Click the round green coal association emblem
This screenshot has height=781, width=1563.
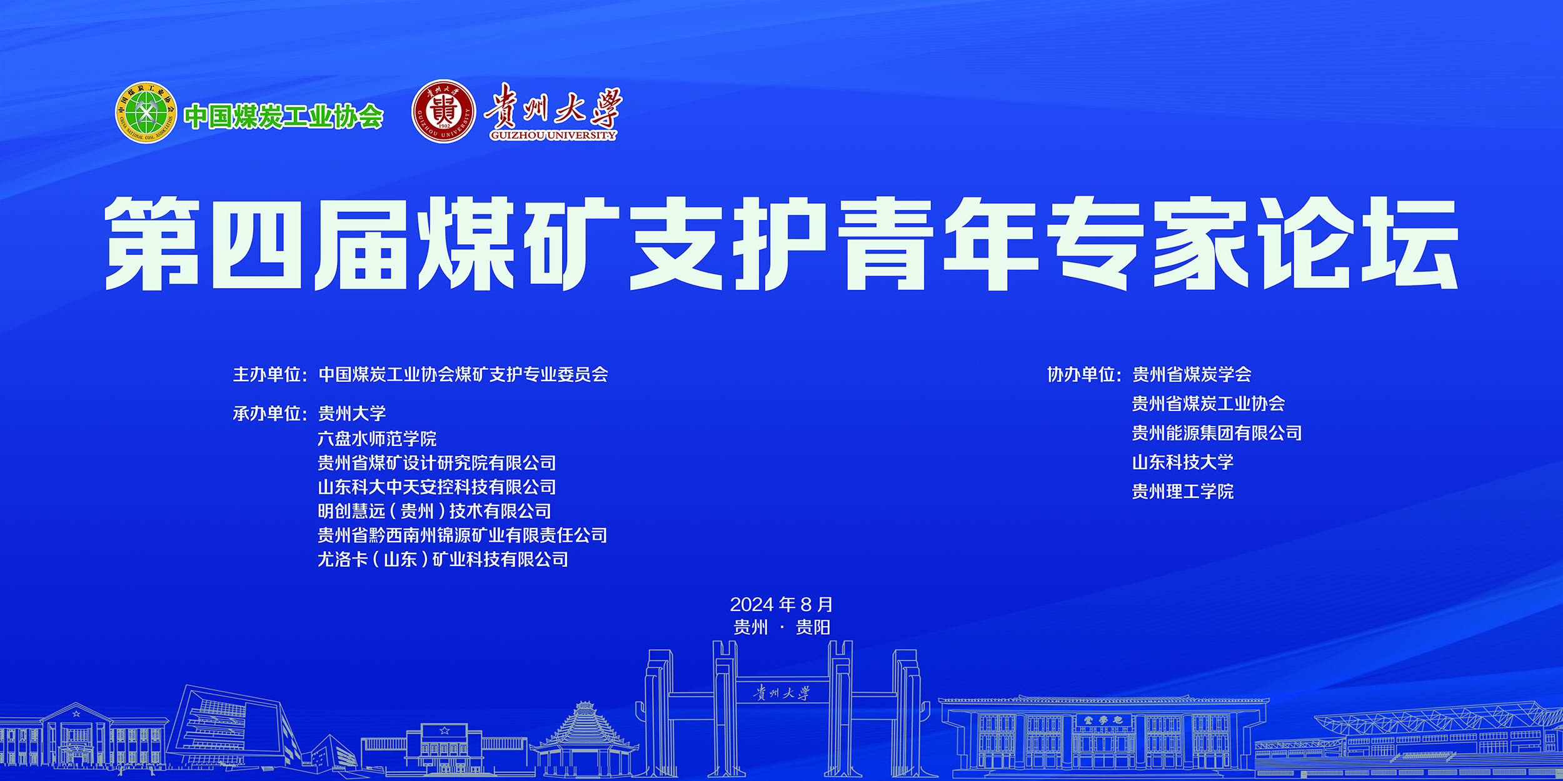[x=146, y=112]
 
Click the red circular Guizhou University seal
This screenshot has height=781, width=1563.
[x=444, y=111]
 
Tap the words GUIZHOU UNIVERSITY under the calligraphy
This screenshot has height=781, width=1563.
[x=553, y=135]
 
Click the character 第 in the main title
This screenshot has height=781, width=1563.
[x=152, y=244]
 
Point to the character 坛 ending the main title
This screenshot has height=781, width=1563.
[x=1410, y=244]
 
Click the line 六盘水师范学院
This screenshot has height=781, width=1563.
[x=377, y=439]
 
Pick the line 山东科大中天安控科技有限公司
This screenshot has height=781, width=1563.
[x=437, y=487]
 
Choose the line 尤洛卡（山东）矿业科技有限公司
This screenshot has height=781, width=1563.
[x=443, y=559]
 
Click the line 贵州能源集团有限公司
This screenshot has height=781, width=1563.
[x=1217, y=432]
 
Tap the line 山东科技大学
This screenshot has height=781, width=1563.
[x=1182, y=462]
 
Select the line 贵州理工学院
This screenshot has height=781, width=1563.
[x=1182, y=491]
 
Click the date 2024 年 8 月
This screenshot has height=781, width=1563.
[x=781, y=604]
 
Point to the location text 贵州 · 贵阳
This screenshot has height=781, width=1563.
[x=781, y=627]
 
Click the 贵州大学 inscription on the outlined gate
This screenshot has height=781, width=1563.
[x=781, y=693]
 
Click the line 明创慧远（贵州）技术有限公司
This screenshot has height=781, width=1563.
[x=435, y=511]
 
